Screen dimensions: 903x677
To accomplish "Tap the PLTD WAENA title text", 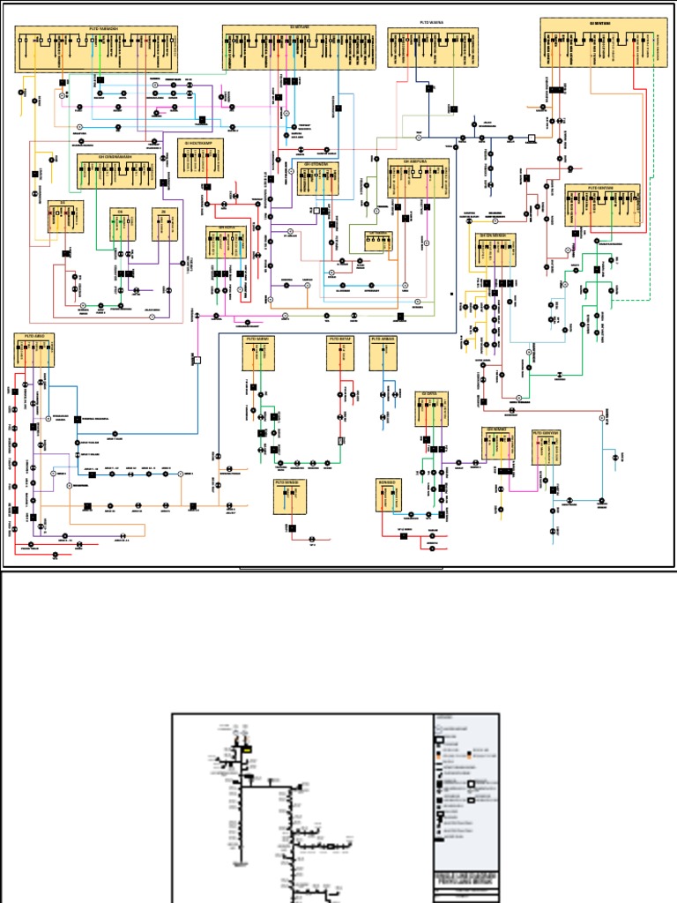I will (x=432, y=21).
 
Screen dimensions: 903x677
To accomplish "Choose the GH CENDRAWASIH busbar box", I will (x=116, y=171).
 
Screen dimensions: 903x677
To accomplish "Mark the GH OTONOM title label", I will (x=317, y=163).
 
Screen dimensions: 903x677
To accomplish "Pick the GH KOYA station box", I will (x=227, y=243).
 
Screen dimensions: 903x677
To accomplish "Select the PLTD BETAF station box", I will (x=340, y=353).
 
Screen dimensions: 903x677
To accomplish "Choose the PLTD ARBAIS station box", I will (x=383, y=353).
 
